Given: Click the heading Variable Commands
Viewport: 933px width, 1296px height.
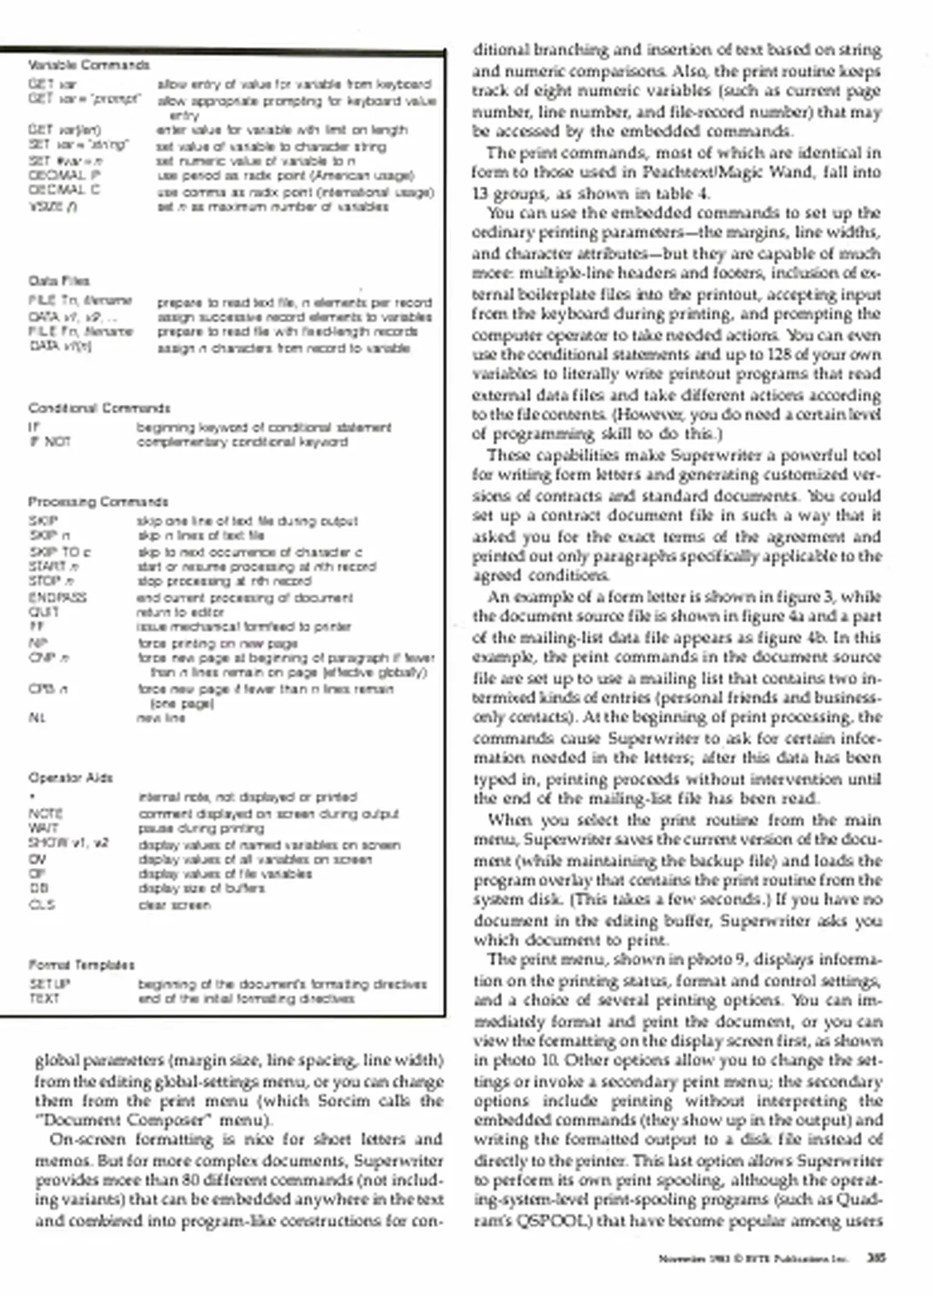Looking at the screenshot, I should click(x=89, y=65).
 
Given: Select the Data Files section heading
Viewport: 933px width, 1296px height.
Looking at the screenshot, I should click(x=59, y=281).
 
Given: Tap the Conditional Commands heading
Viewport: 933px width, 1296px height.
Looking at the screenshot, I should click(x=99, y=409).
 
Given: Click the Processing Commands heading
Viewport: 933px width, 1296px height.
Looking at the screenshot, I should click(x=98, y=502).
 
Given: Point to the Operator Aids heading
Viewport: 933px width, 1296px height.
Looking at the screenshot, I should click(x=70, y=778).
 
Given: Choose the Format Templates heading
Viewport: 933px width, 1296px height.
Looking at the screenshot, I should click(x=81, y=965).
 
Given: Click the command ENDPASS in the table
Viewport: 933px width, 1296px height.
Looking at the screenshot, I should click(x=57, y=598).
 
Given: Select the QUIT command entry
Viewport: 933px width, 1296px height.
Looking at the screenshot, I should click(x=44, y=612).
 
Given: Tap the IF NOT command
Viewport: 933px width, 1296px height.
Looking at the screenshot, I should click(x=49, y=442).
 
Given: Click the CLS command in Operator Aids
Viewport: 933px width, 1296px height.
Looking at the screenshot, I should click(x=41, y=905).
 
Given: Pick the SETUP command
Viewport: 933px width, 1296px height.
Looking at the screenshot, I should click(x=49, y=984).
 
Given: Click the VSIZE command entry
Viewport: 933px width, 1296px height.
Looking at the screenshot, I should click(x=52, y=207).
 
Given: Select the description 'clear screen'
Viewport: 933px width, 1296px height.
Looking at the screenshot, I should click(x=174, y=905).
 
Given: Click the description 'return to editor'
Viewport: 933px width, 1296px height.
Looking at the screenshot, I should click(x=180, y=612).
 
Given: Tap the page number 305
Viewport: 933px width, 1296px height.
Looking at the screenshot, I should click(x=876, y=1258).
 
